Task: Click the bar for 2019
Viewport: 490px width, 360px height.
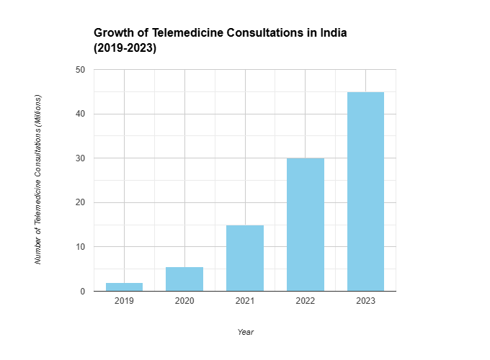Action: point(124,287)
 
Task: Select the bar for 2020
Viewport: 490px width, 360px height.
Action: point(184,279)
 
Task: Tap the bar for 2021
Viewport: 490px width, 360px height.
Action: point(245,258)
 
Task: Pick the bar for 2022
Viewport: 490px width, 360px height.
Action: point(306,225)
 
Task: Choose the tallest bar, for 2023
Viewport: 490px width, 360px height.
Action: point(365,192)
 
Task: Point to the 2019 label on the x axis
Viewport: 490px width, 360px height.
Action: point(124,301)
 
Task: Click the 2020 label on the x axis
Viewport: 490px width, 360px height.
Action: point(184,301)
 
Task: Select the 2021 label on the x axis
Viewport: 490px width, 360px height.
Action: point(245,301)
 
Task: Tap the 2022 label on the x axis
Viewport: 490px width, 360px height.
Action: point(306,301)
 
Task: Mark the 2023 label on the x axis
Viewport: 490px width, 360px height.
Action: point(365,301)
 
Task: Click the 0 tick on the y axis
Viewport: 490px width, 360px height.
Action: point(84,292)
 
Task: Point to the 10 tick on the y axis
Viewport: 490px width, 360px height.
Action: point(81,247)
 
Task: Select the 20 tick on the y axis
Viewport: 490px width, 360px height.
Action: point(81,202)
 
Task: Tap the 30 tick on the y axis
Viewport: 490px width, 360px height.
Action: point(81,158)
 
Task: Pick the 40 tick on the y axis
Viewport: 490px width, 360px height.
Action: point(81,114)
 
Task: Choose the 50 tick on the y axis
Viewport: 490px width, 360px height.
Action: point(81,70)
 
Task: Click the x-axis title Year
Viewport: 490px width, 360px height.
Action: point(245,332)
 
